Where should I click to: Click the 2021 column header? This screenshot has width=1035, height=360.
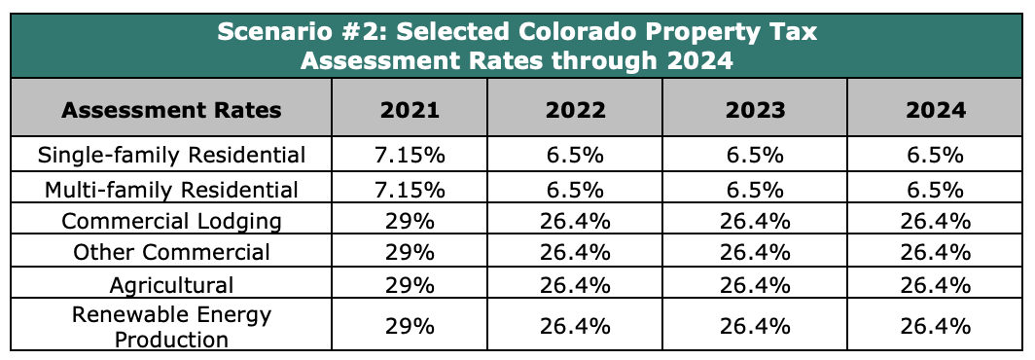[410, 110]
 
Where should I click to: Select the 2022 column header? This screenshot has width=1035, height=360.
[575, 110]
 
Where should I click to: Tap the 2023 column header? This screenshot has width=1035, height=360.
[755, 110]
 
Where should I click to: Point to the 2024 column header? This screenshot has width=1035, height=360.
[936, 110]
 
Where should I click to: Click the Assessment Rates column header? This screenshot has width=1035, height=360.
[171, 110]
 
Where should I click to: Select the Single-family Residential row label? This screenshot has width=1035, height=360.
[171, 156]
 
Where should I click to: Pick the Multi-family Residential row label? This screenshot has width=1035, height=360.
[171, 190]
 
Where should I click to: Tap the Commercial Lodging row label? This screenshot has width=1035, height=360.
[171, 221]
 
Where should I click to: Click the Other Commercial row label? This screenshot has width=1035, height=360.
[171, 252]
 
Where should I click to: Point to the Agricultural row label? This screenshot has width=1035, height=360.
[171, 285]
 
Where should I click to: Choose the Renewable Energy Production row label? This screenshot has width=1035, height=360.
[171, 327]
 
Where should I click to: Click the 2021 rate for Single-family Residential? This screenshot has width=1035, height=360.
[410, 156]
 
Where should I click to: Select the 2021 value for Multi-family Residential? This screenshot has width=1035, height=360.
[410, 190]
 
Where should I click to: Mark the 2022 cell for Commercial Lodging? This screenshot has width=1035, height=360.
[575, 221]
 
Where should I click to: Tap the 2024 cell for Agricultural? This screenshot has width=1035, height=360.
[936, 285]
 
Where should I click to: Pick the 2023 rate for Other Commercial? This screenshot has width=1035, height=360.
[755, 252]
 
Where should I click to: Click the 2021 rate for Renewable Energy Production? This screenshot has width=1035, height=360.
[410, 326]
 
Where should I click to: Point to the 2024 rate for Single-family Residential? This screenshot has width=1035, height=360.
[936, 156]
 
